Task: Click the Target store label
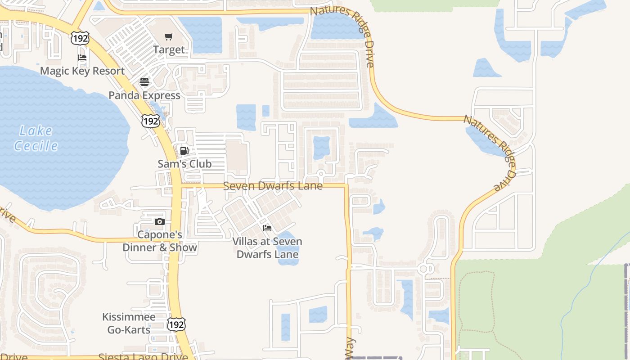[x=169, y=49]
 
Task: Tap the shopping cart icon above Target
[x=169, y=37]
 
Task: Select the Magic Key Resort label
[x=82, y=71]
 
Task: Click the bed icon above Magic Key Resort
[x=82, y=58]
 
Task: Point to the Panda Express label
[x=144, y=95]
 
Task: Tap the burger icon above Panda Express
[x=144, y=82]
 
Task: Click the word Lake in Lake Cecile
[x=36, y=131]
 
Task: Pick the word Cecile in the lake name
[x=36, y=146]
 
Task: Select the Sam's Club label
[x=184, y=164]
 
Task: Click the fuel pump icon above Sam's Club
[x=184, y=151]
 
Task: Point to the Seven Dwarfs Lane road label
[x=273, y=185]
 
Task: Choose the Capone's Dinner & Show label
[x=160, y=241]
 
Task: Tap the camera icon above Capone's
[x=160, y=222]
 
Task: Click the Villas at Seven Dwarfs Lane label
[x=267, y=247]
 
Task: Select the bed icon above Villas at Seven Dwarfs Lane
[x=267, y=228]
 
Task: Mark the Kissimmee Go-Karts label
[x=129, y=323]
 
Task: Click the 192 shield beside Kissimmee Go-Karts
[x=176, y=324]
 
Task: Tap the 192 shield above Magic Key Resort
[x=80, y=39]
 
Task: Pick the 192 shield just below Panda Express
[x=150, y=121]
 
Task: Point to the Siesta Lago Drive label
[x=143, y=357]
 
